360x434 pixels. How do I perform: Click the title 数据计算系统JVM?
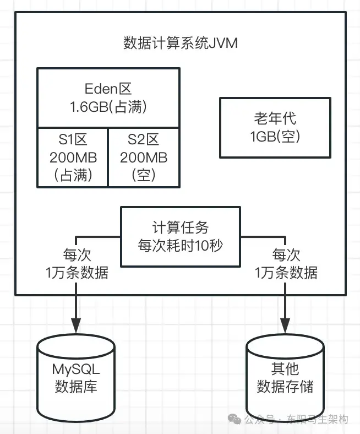[181, 44]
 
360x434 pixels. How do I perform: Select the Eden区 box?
[108, 97]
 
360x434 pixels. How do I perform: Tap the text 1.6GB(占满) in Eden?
[108, 107]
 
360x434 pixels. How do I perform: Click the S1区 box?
[73, 157]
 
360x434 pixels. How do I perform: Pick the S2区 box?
[143, 157]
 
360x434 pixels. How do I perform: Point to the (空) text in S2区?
[143, 175]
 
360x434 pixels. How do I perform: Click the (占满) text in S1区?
[73, 175]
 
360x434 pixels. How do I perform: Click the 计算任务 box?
[180, 236]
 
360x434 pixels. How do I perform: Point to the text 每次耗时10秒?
[180, 245]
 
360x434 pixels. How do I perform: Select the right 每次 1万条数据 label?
[286, 264]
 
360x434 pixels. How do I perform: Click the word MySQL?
[76, 368]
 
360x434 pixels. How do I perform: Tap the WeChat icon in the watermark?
[235, 420]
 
